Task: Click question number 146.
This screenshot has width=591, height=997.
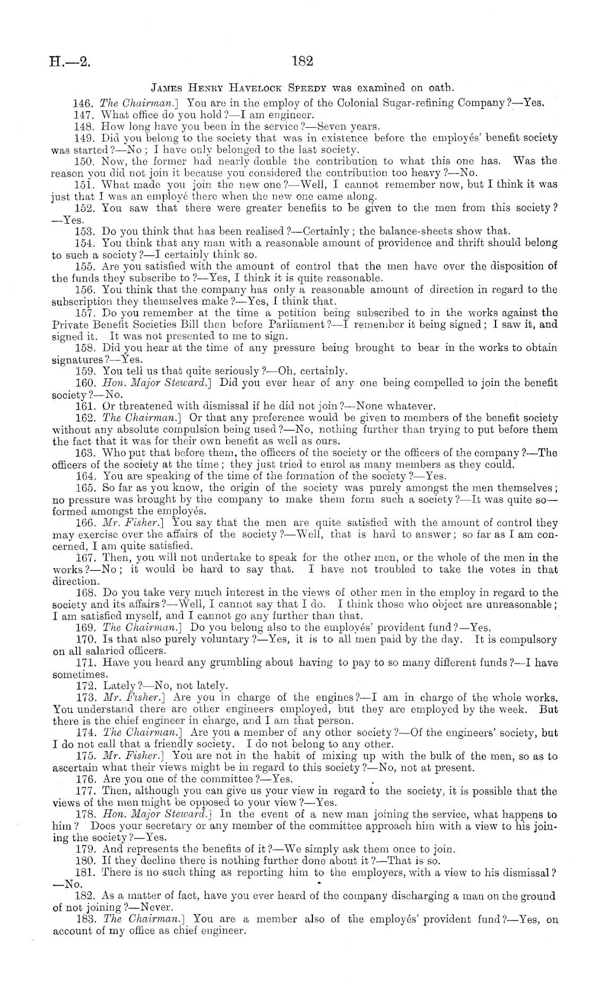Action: pos(85,103)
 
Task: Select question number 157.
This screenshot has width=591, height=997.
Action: pos(85,313)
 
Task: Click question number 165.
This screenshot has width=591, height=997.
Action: pos(85,488)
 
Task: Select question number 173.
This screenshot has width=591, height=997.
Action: pos(85,698)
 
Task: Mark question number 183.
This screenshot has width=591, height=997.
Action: pos(85,920)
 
